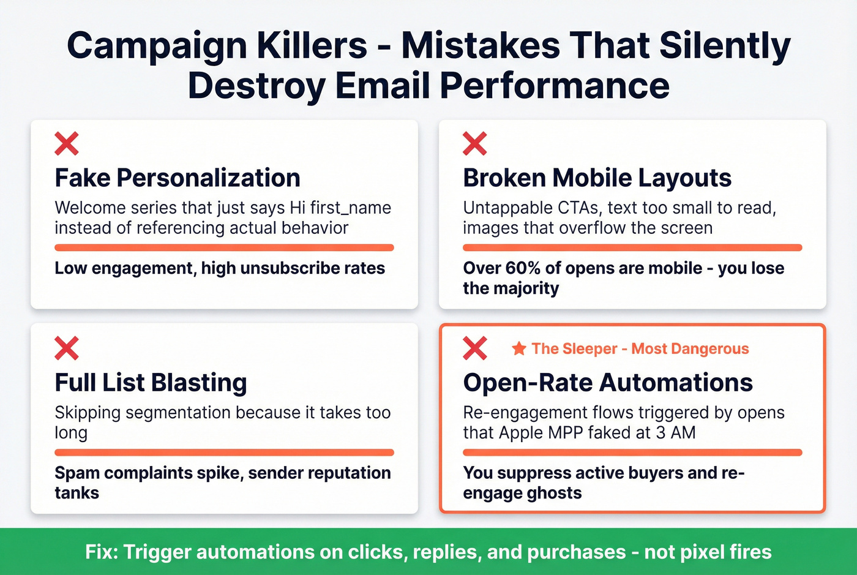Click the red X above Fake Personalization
tap(67, 143)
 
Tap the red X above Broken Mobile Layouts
tap(475, 143)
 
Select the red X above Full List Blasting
tap(67, 348)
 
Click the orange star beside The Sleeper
tap(519, 348)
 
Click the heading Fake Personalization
tap(178, 178)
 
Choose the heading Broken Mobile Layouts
tap(597, 178)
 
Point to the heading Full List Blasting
tap(151, 383)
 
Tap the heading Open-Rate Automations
tap(608, 383)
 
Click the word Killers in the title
tap(312, 46)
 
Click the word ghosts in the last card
tap(553, 493)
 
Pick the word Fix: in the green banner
tap(102, 552)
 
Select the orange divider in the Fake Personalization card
tap(224, 248)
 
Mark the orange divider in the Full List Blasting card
tap(224, 453)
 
